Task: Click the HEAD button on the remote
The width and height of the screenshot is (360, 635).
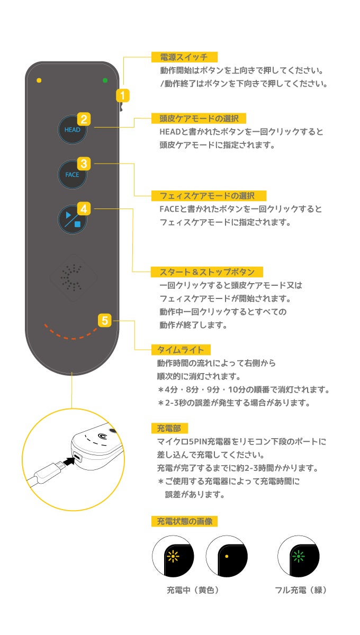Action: [72, 129]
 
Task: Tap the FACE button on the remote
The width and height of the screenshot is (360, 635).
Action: [72, 174]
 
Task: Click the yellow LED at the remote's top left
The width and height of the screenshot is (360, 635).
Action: [39, 81]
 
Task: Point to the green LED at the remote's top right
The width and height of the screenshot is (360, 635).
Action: [105, 80]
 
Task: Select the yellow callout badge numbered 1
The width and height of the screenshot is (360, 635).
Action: [122, 96]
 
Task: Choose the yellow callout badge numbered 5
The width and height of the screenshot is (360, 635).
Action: [105, 320]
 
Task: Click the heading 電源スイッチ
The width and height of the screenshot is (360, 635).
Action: [184, 57]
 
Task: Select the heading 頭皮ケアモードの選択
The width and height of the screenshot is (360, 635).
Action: [195, 119]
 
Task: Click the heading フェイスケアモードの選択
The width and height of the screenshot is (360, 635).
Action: [209, 196]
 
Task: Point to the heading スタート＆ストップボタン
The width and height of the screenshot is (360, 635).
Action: [206, 272]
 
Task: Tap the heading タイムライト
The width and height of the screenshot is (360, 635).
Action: [181, 349]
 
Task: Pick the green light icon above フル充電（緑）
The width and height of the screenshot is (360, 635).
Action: [299, 556]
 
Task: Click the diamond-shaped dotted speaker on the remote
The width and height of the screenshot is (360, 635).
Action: [72, 278]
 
